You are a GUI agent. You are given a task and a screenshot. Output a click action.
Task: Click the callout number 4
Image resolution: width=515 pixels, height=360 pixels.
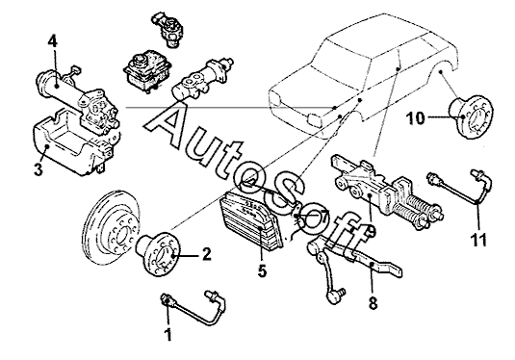pos(53,42)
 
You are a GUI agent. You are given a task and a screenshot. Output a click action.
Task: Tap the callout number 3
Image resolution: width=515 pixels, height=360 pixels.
pos(39,169)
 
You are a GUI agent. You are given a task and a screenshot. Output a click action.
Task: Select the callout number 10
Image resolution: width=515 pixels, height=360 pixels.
pos(415,118)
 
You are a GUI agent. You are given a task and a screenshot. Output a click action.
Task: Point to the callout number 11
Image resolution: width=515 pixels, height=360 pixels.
pos(478,240)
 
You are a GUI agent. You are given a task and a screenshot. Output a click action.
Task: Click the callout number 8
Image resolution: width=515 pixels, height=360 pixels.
pos(373,303)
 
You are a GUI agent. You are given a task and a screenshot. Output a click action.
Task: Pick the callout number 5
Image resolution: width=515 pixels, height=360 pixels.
pos(262,271)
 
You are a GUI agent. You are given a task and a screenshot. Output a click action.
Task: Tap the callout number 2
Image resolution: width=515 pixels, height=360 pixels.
pos(207,254)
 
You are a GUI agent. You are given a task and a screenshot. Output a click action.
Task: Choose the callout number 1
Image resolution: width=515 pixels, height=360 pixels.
pos(168,334)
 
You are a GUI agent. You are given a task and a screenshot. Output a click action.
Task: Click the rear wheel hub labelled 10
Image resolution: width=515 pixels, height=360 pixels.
pos(472,116)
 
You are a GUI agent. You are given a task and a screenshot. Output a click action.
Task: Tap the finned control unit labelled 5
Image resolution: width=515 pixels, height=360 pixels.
pos(251,220)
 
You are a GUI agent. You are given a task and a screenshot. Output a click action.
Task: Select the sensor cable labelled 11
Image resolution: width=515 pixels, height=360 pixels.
pos(460,191)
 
